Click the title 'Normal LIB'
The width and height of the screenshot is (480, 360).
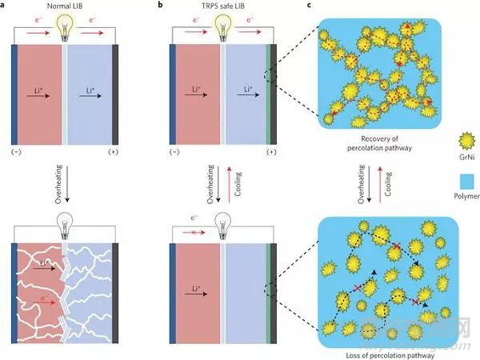click(x=65, y=6)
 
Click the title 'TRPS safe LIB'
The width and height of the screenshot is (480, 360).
click(x=222, y=6)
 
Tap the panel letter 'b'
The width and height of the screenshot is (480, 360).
click(x=160, y=5)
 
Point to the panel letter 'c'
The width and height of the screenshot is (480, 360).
click(x=310, y=5)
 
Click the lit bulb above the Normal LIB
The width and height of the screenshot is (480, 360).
click(x=65, y=27)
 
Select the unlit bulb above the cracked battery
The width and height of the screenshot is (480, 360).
click(x=65, y=226)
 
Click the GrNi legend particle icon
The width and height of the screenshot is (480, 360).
click(x=467, y=141)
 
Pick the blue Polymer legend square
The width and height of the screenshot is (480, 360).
click(x=467, y=182)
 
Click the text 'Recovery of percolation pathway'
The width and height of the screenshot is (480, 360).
click(x=379, y=143)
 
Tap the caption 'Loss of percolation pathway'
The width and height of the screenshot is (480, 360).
click(x=390, y=355)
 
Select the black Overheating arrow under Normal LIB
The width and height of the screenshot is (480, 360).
click(x=67, y=184)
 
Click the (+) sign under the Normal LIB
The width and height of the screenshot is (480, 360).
click(x=114, y=152)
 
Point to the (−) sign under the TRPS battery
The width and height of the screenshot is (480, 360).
click(x=174, y=152)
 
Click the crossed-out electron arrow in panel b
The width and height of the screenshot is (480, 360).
click(x=194, y=233)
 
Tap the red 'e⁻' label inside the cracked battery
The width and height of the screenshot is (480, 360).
click(x=44, y=298)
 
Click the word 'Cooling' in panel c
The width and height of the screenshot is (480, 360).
click(x=388, y=184)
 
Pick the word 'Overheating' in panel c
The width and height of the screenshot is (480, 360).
click(x=362, y=184)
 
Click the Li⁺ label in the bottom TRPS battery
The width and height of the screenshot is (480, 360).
click(x=196, y=288)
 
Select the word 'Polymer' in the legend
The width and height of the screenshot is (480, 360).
click(x=466, y=196)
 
